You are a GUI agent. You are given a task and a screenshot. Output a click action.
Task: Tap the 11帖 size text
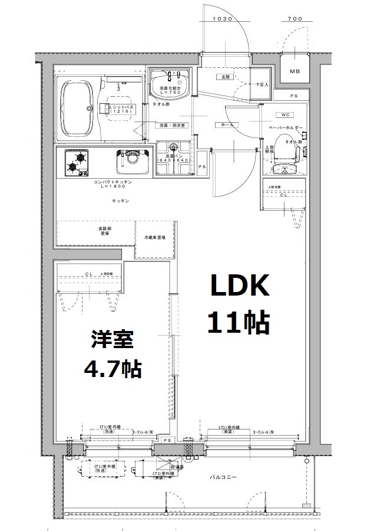point(238,323)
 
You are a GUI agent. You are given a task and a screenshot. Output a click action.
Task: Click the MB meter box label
point(293,72)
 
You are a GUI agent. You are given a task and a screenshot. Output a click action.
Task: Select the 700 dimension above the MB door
point(295,19)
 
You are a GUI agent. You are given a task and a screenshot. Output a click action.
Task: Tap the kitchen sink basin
point(133,160)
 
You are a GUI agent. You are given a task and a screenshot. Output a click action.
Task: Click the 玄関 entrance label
point(225,77)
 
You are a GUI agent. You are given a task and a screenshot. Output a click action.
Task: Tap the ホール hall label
point(226,125)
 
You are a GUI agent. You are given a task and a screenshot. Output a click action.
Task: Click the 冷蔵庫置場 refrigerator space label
point(154,237)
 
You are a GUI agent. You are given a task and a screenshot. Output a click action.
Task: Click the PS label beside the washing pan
point(201,167)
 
